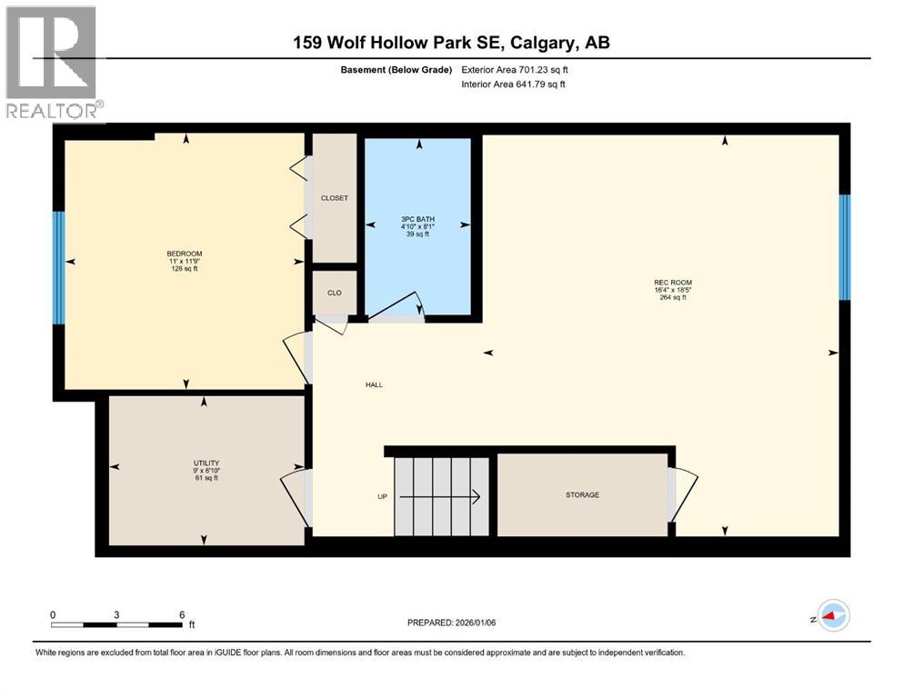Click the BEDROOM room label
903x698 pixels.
[184, 254]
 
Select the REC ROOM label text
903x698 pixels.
[673, 283]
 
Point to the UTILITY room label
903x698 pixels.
[206, 463]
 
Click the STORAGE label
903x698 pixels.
[582, 495]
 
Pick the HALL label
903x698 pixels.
[374, 384]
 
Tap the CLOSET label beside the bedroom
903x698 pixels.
[335, 198]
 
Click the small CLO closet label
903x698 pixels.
[334, 293]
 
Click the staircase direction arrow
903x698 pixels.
[440, 496]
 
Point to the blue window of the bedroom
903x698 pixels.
[59, 268]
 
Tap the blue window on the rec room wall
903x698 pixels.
[844, 247]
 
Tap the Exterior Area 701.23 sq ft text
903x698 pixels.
[519, 69]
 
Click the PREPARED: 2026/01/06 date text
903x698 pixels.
[452, 623]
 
